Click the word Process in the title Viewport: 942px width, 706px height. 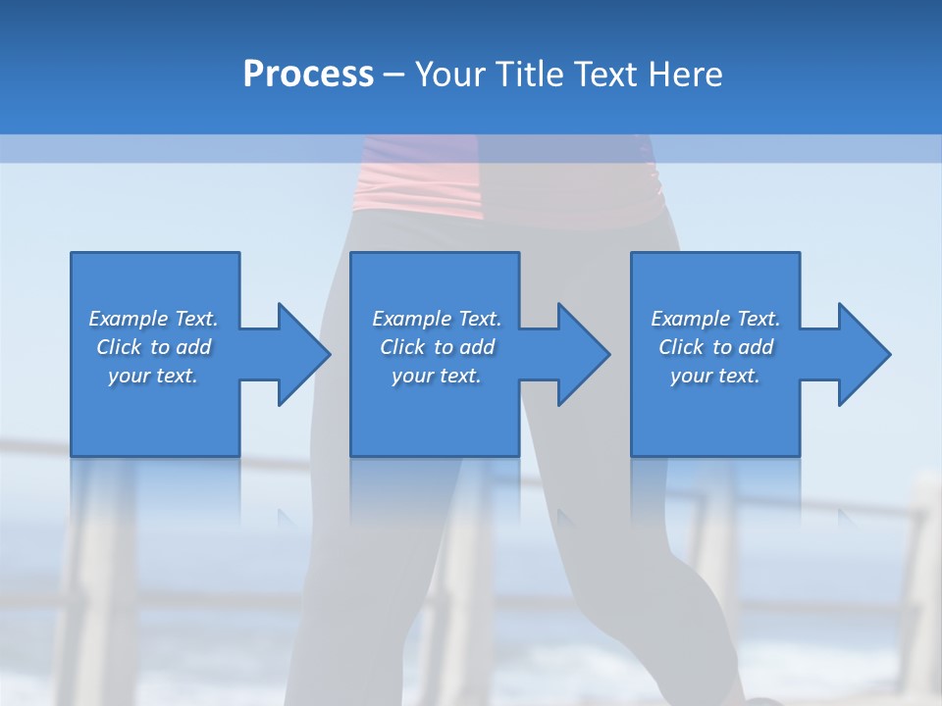click(308, 75)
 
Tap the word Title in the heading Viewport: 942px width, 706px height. click(529, 75)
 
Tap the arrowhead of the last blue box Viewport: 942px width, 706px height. click(863, 354)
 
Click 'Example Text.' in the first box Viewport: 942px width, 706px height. click(154, 319)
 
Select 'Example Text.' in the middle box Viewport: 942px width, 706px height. click(437, 319)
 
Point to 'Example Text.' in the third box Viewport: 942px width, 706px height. click(715, 319)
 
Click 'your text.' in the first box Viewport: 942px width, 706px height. click(153, 376)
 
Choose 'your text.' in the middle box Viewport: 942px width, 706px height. click(437, 376)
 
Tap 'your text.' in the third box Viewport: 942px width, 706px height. click(715, 376)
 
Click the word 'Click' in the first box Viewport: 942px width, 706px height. click(119, 347)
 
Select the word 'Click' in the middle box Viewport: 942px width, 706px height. click(402, 347)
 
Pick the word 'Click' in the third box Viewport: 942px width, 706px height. click(681, 347)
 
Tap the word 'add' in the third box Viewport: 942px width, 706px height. click(753, 347)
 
